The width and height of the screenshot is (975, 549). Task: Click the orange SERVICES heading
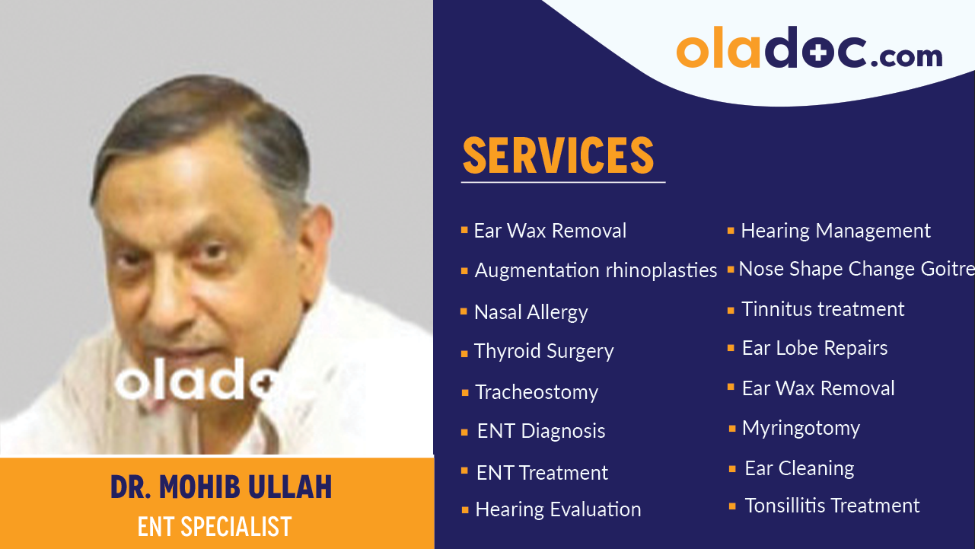click(x=559, y=155)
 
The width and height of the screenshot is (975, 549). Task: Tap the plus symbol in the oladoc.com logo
click(x=819, y=53)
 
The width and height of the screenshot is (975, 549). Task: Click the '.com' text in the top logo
click(x=906, y=56)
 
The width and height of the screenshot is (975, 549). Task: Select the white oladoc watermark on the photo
click(x=196, y=378)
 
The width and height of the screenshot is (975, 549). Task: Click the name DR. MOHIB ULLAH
click(x=221, y=487)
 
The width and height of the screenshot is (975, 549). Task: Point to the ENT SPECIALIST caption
click(x=215, y=526)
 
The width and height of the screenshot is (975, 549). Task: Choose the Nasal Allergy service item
click(x=531, y=313)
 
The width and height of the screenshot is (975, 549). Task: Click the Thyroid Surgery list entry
click(x=543, y=351)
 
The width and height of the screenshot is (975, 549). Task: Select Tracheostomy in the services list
click(x=537, y=392)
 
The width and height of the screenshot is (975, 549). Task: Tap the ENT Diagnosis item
click(x=541, y=432)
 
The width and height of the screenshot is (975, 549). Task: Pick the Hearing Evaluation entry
click(x=558, y=510)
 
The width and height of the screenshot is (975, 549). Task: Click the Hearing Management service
click(x=836, y=231)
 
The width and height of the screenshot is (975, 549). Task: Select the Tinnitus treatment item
click(x=823, y=309)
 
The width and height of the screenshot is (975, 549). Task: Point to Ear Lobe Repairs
click(x=814, y=348)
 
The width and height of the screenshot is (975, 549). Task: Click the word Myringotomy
click(x=801, y=429)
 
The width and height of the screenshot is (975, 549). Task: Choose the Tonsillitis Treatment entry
click(x=832, y=506)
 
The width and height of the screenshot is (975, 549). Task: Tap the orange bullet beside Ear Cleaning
click(x=732, y=469)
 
